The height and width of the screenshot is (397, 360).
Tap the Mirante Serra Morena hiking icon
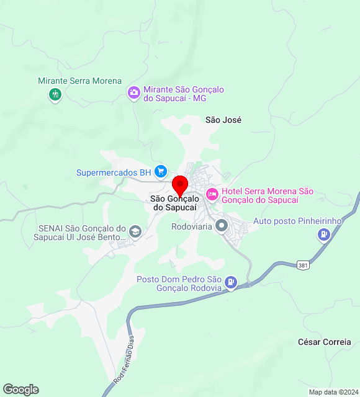[55, 95]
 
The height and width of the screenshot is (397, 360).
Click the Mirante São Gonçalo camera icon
[133, 93]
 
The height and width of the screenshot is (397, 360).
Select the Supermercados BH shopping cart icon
[161, 171]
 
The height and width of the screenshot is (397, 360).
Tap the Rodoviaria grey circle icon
[222, 225]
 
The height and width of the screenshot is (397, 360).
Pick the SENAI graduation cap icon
[135, 232]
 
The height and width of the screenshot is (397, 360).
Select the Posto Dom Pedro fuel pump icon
[231, 283]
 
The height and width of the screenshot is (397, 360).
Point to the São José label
[223, 120]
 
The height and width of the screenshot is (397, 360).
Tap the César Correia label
[324, 342]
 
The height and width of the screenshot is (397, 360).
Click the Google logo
[20, 390]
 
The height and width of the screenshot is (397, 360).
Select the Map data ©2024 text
[333, 392]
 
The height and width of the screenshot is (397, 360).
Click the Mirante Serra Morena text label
[79, 81]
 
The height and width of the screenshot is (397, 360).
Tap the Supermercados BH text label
[114, 172]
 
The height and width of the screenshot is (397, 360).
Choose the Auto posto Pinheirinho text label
[298, 221]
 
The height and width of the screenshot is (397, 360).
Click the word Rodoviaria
[191, 226]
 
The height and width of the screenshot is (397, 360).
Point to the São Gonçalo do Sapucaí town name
[174, 203]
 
